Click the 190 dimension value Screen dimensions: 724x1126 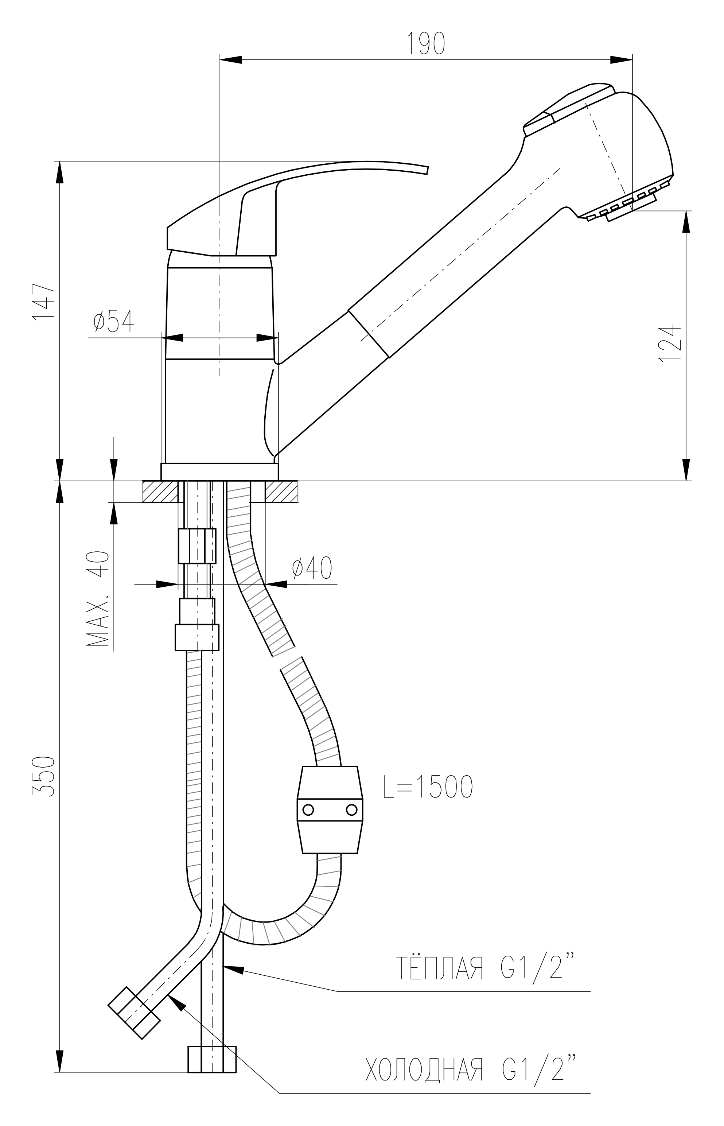click(425, 44)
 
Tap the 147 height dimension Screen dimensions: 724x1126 click(44, 301)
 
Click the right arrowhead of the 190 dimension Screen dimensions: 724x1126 click(621, 60)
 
